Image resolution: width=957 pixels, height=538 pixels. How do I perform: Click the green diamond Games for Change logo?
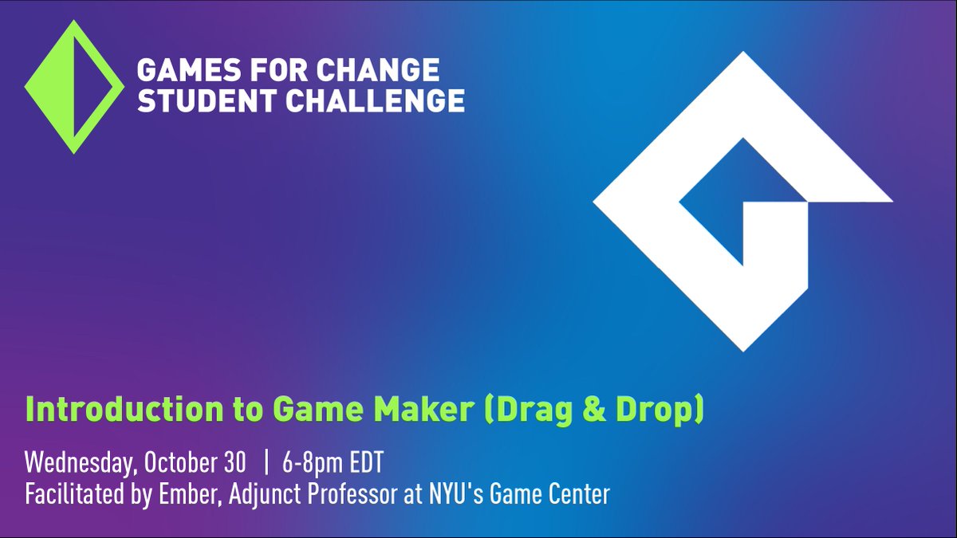pos(74,86)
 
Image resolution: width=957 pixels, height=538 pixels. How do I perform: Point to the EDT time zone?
pos(366,462)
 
